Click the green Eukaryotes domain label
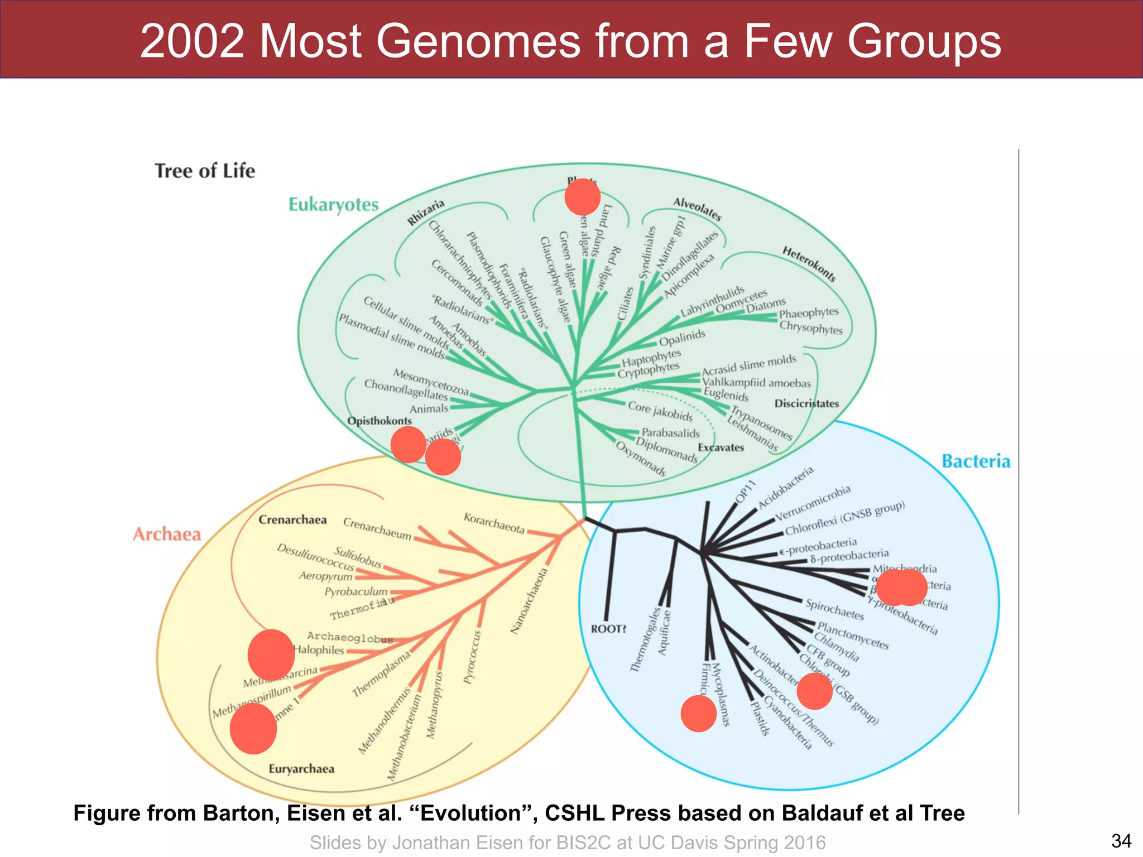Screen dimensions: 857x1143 point(333,205)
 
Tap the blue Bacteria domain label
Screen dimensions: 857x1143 point(976,461)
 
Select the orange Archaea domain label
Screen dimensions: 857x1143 point(166,535)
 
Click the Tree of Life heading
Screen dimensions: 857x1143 point(205,171)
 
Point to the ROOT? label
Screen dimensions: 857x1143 point(608,629)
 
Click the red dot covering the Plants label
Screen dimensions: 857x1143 point(582,197)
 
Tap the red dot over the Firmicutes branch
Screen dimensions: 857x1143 point(698,713)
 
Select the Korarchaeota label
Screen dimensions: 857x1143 point(494,523)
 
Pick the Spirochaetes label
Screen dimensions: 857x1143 point(834,609)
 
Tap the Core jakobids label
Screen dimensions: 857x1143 point(660,411)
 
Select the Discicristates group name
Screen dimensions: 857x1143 point(806,403)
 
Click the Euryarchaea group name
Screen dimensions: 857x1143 point(301,769)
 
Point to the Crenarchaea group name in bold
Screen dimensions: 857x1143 point(292,520)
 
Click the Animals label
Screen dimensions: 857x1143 point(429,409)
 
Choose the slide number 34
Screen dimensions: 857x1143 point(1121,840)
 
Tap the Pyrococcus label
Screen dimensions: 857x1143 point(472,657)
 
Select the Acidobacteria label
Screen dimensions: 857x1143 point(785,488)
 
